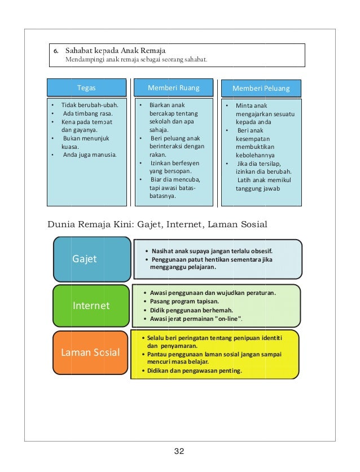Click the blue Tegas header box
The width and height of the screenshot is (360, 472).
86,88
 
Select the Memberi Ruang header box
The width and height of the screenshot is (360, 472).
173,88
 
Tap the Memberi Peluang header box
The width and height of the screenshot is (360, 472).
261,89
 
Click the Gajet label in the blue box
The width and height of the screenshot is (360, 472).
85,259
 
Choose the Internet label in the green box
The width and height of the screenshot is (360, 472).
91,306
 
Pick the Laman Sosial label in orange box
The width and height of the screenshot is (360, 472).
90,352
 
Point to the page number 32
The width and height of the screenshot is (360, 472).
179,451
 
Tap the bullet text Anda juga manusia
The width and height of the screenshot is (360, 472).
86,155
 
